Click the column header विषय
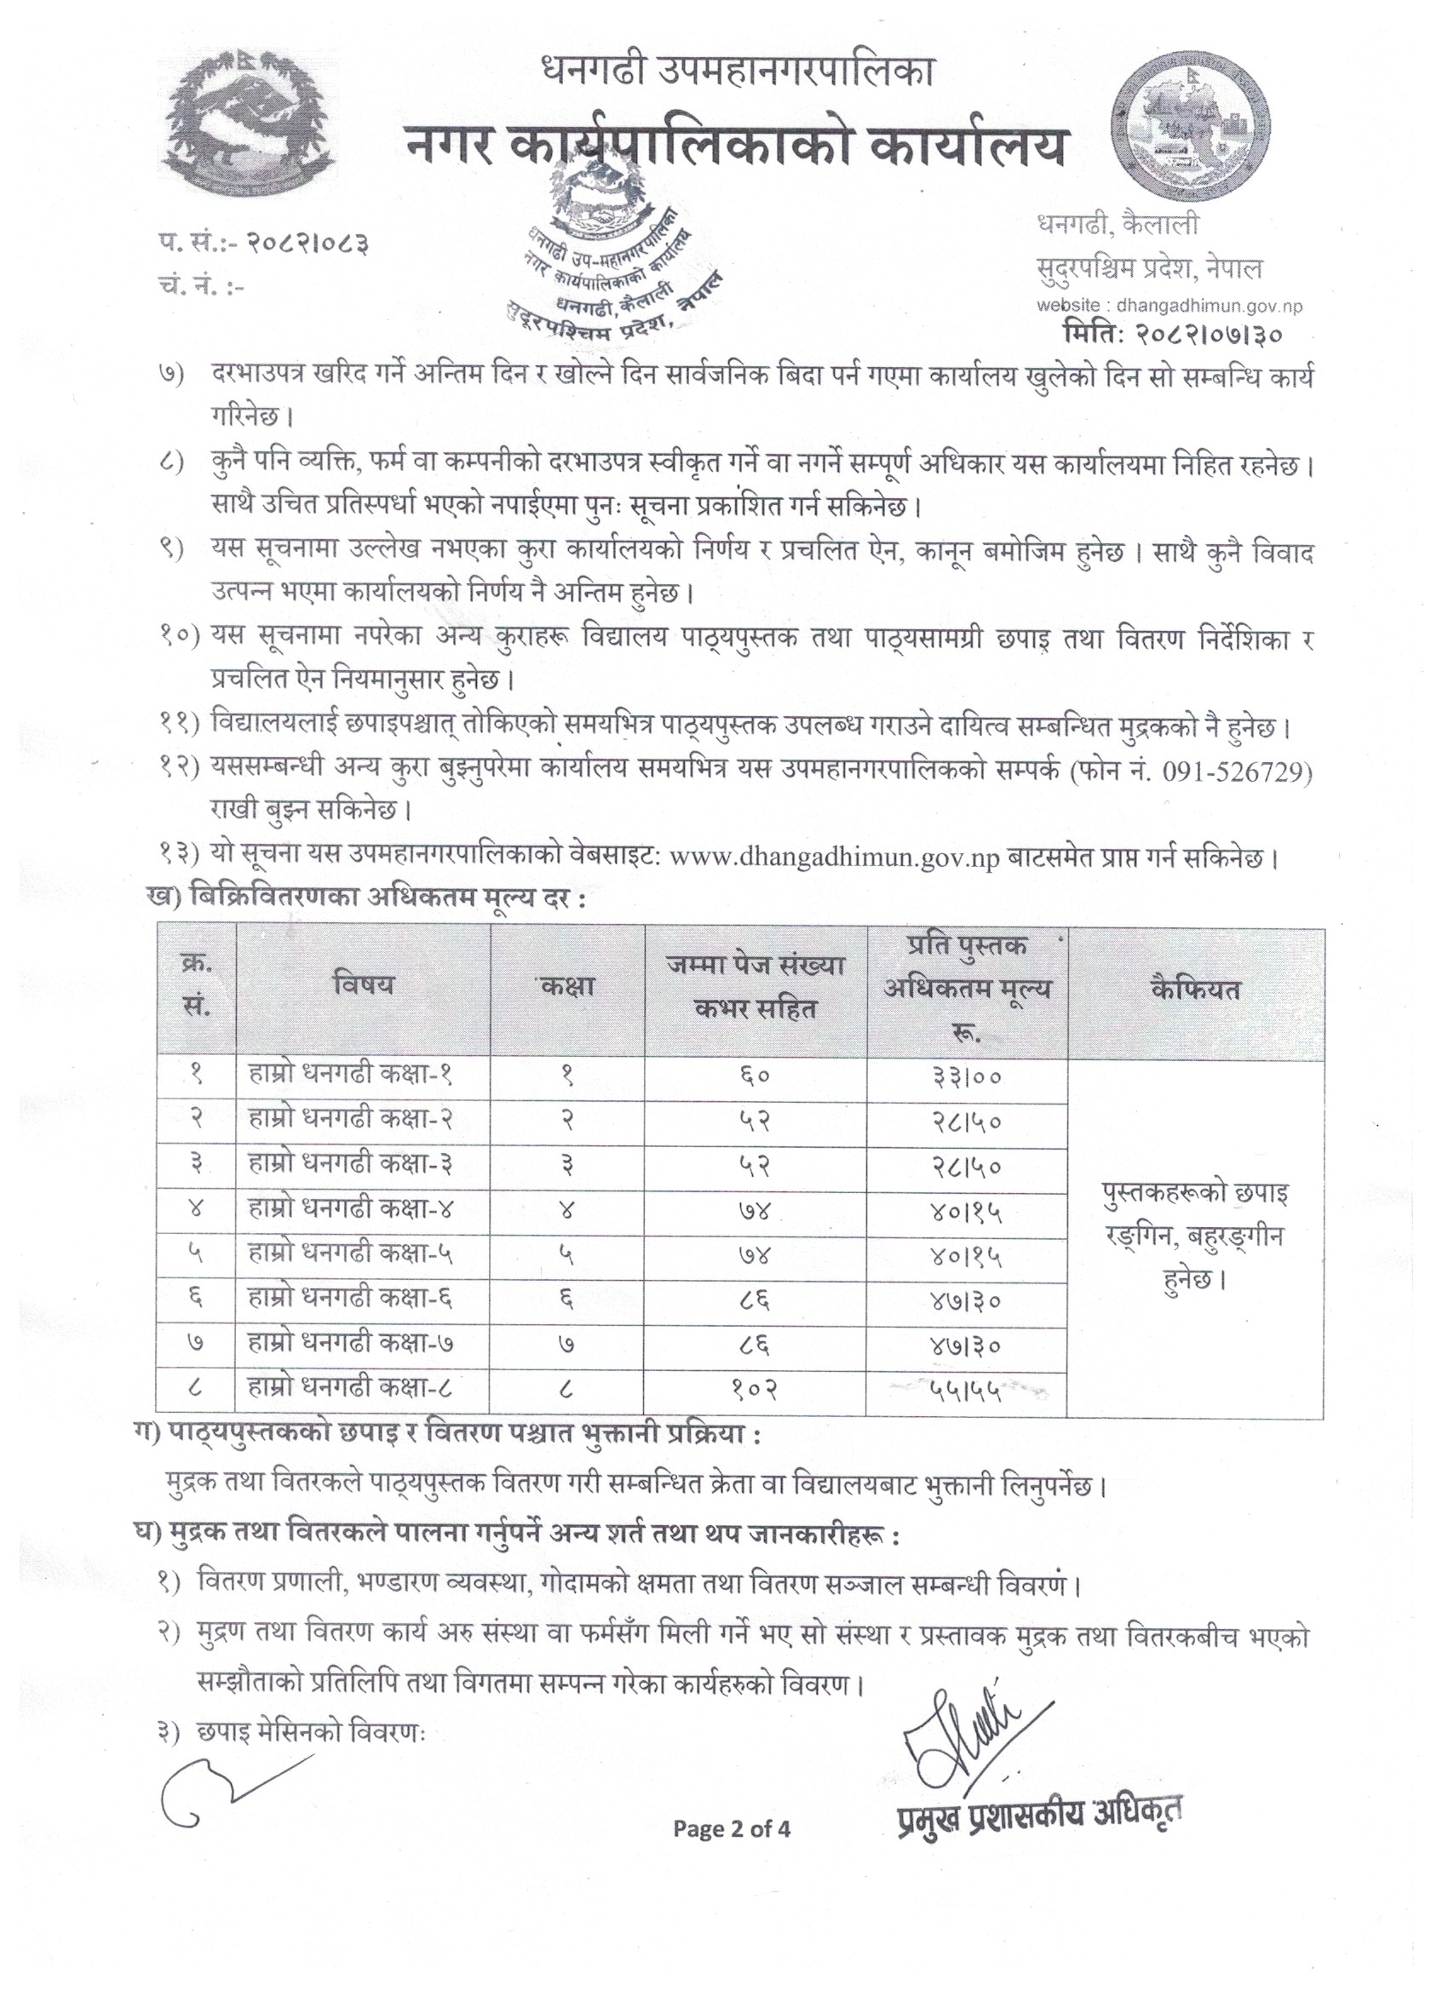point(363,985)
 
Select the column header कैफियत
point(1195,989)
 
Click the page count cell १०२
point(756,1389)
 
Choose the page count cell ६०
point(756,1076)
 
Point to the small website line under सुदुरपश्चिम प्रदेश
point(1169,306)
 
